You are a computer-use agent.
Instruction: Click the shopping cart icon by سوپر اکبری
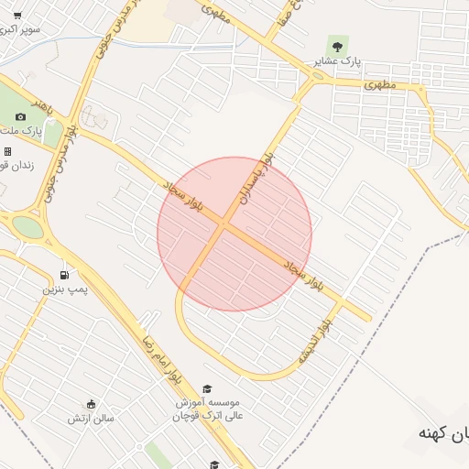[17, 16]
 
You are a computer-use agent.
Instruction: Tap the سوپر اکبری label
[20, 29]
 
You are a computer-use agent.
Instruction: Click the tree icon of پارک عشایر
[338, 45]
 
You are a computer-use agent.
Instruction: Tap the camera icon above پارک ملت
[21, 117]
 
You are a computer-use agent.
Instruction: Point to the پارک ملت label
[30, 133]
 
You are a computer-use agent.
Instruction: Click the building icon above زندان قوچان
[8, 151]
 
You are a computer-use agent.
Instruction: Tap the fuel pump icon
[64, 275]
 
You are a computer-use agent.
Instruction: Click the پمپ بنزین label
[65, 289]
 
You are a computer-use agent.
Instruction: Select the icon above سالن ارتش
[90, 404]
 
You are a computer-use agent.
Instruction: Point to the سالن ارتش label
[90, 419]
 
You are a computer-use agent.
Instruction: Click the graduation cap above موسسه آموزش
[207, 388]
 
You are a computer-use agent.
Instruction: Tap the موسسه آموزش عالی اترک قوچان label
[207, 409]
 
